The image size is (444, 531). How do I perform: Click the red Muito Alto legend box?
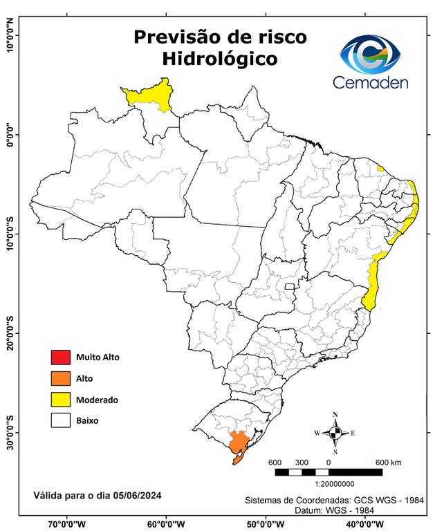[x=60, y=357]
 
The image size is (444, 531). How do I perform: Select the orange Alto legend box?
[x=60, y=378]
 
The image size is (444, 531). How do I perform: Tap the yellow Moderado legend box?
[x=60, y=400]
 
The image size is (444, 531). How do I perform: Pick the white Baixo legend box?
[x=60, y=420]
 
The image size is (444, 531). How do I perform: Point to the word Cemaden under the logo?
[x=371, y=83]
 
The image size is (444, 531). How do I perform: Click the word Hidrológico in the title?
[x=220, y=59]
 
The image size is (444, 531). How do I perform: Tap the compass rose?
[x=335, y=433]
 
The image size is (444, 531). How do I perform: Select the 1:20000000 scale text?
[x=334, y=484]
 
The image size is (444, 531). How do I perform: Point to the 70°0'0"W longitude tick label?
[x=68, y=523]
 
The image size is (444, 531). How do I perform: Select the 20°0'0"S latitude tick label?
[x=10, y=333]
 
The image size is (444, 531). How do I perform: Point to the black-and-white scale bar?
[x=329, y=472]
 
